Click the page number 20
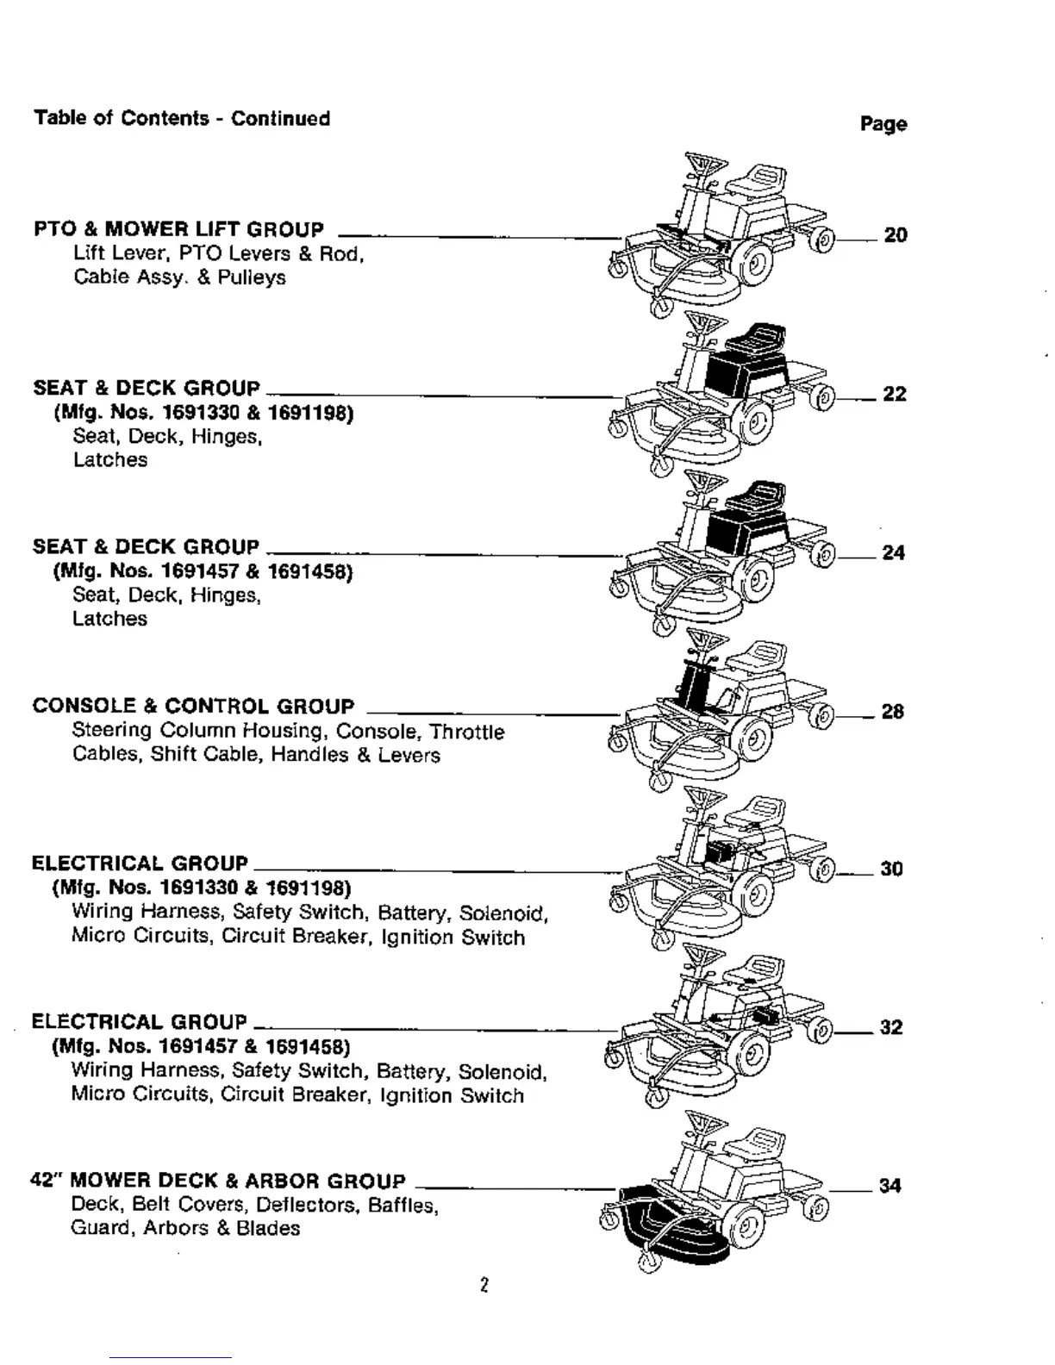(x=896, y=235)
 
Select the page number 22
(x=895, y=394)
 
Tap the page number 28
(x=892, y=712)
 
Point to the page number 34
(x=890, y=1186)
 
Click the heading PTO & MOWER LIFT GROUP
(x=178, y=229)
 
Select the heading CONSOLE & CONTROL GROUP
(x=193, y=707)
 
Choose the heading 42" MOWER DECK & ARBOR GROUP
(x=217, y=1181)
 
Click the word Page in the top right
(x=883, y=124)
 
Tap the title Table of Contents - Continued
(x=182, y=118)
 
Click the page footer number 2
(x=484, y=1286)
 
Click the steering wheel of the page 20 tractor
(x=705, y=164)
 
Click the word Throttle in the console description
(x=467, y=732)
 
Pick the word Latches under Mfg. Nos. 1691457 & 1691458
(x=109, y=619)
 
